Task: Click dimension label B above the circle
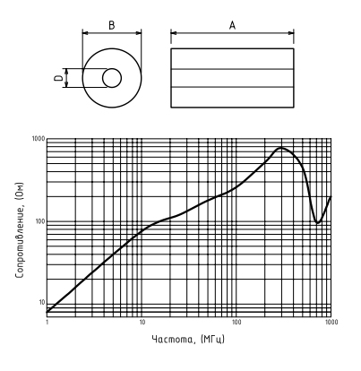pyautogui.click(x=111, y=25)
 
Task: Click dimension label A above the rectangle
pyautogui.click(x=232, y=25)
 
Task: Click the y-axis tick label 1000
pyautogui.click(x=39, y=139)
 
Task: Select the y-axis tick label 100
pyautogui.click(x=39, y=221)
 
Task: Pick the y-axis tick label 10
pyautogui.click(x=42, y=303)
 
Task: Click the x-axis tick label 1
pyautogui.click(x=47, y=322)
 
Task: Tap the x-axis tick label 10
pyautogui.click(x=142, y=322)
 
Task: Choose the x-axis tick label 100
pyautogui.click(x=236, y=322)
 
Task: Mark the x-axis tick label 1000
pyautogui.click(x=331, y=322)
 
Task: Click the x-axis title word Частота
pyautogui.click(x=174, y=340)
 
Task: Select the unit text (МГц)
pyautogui.click(x=212, y=340)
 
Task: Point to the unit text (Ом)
pyautogui.click(x=19, y=192)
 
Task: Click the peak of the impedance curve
pyautogui.click(x=281, y=148)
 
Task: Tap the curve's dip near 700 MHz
pyautogui.click(x=318, y=222)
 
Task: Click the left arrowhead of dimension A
pyautogui.click(x=174, y=33)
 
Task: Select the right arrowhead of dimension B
pyautogui.click(x=139, y=33)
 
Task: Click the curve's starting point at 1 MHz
pyautogui.click(x=47, y=312)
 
